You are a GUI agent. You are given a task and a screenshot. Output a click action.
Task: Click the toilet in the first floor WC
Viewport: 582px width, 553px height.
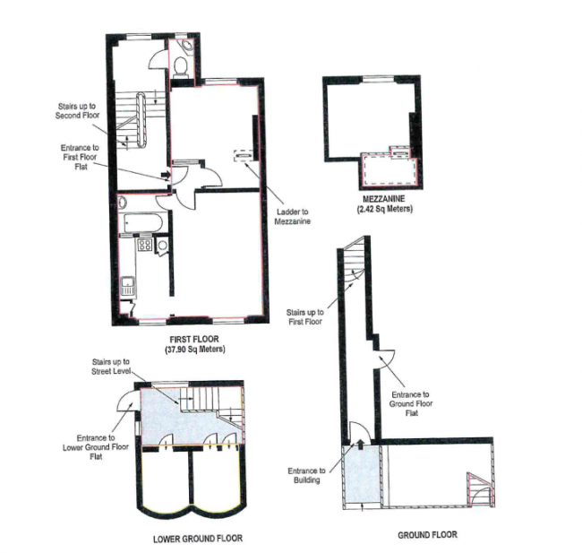(x=181, y=65)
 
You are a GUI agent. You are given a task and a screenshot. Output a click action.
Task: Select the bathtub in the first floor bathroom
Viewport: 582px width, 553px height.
(x=141, y=220)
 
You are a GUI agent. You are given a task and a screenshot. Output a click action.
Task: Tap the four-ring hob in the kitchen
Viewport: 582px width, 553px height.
(x=143, y=244)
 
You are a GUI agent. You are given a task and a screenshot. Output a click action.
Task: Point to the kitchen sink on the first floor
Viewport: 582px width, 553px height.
(x=129, y=287)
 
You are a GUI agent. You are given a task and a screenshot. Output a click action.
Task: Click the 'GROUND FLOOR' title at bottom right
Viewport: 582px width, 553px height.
(x=427, y=535)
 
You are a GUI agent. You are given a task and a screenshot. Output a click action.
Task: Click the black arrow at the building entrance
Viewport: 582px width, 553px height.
(x=360, y=442)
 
